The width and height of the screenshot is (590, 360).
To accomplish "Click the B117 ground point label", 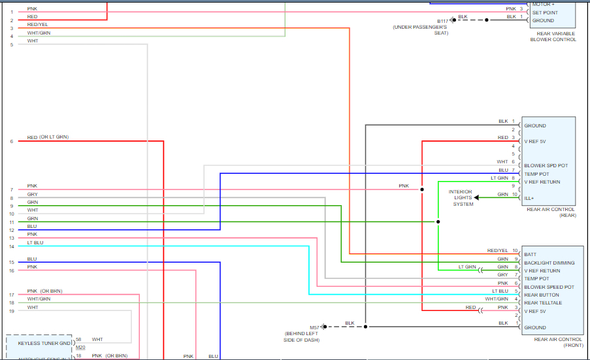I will coord(444,20).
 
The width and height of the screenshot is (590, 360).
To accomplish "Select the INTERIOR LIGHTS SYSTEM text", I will coord(463,198).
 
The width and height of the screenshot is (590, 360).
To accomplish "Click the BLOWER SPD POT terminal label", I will coord(546,166).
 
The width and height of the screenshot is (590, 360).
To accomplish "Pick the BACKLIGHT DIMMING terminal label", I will coord(549,263).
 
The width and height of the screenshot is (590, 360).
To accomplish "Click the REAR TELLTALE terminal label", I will coord(543,303).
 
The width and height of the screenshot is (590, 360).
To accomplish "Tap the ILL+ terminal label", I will coord(529,197).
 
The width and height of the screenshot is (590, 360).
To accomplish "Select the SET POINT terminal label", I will coord(545,12).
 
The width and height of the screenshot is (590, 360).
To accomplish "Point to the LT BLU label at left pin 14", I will coord(35,242).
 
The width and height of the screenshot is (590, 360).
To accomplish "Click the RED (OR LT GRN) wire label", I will coord(48,137).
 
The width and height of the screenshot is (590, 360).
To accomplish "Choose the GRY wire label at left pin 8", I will coord(32,194).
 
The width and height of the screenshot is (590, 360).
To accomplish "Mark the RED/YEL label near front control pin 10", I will coord(497,250).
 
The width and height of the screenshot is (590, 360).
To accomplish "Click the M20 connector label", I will coord(80,348).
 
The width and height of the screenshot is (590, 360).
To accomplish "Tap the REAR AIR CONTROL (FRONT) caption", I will coord(558,342).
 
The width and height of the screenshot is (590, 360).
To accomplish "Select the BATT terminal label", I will coord(530,255).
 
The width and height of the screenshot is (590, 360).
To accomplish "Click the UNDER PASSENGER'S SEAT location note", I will coord(420,30).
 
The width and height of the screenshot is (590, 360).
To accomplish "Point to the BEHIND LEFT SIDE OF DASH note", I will coord(301,337).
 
